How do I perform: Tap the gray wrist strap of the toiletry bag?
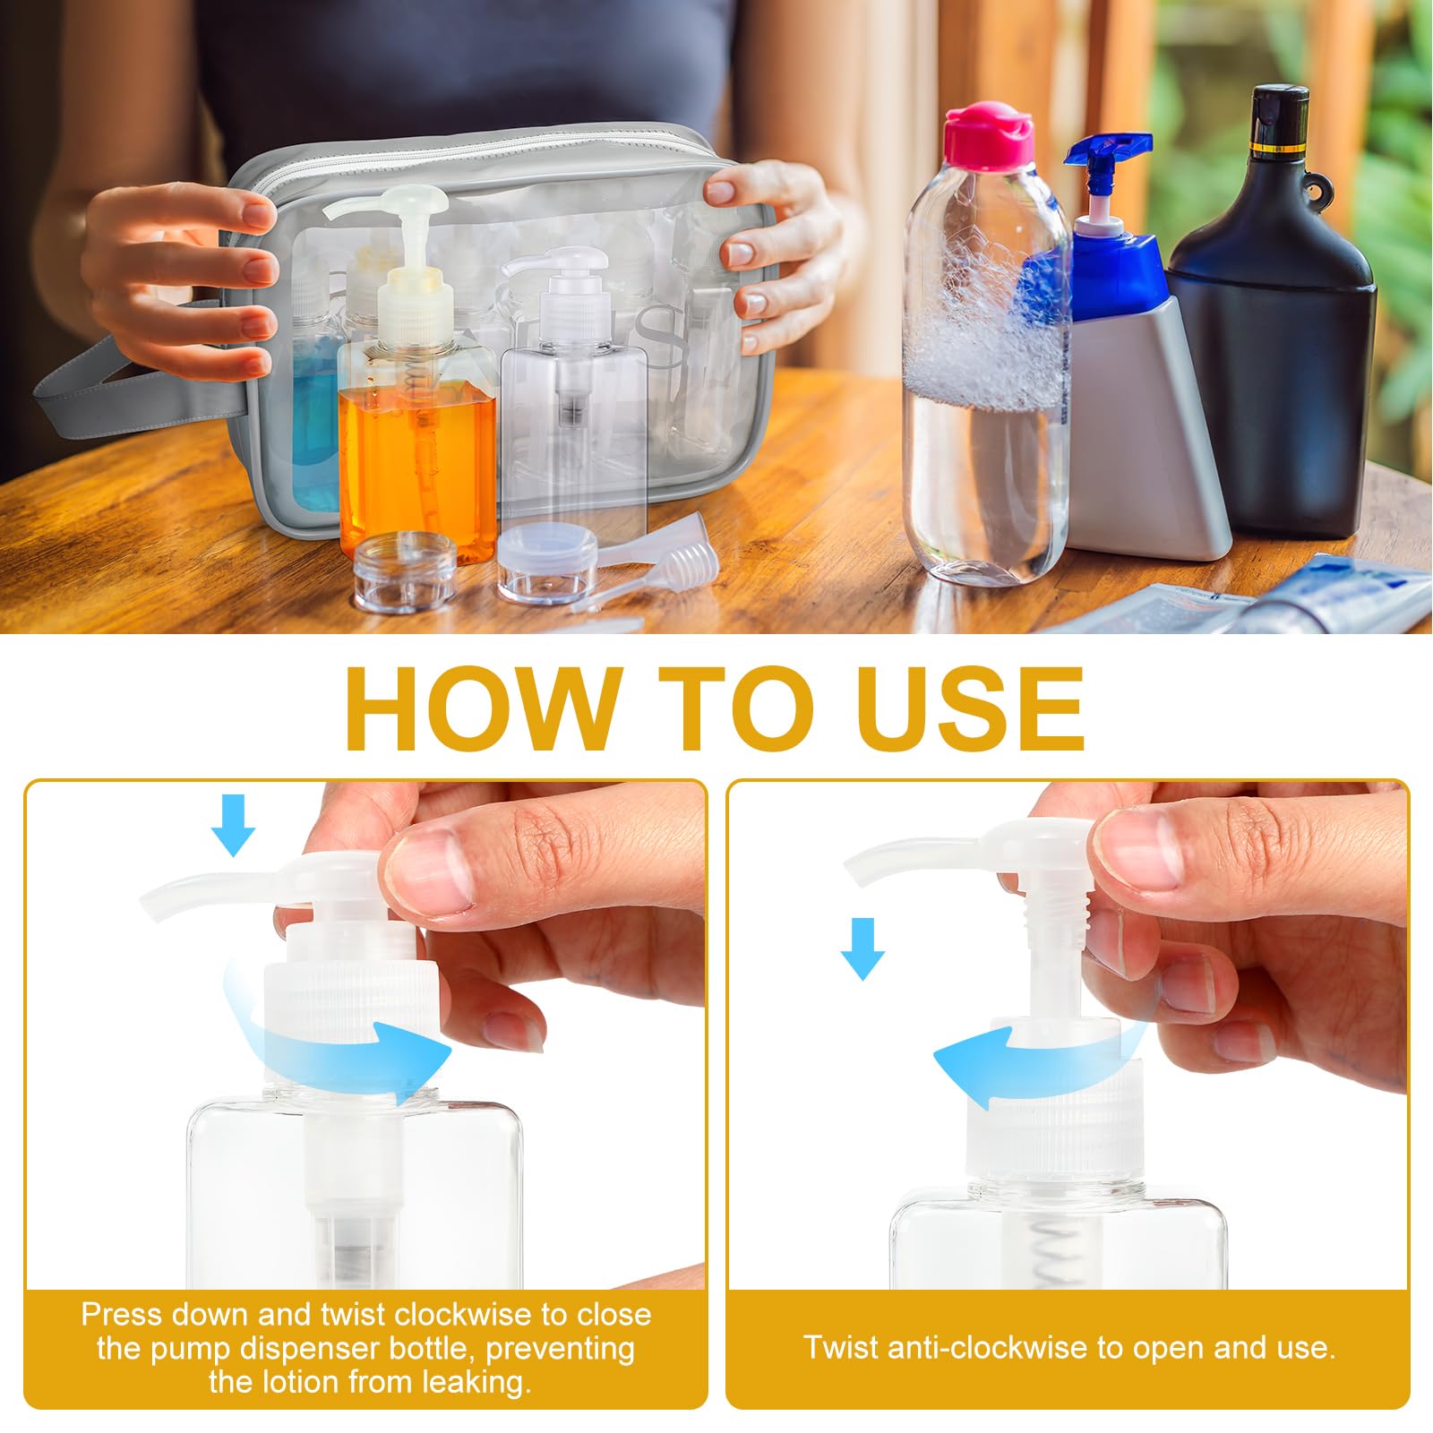(116, 394)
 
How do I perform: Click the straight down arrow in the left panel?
(233, 826)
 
